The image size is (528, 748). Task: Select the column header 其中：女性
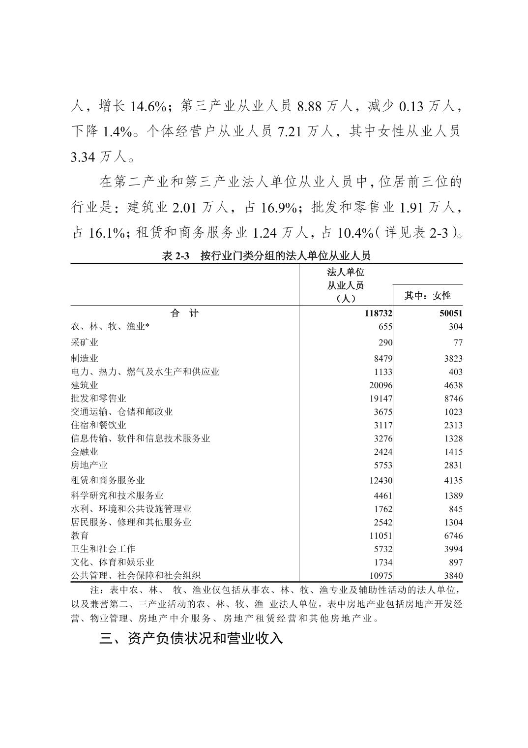pos(427,296)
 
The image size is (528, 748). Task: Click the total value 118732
pos(379,313)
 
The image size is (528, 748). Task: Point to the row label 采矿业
pos(85,343)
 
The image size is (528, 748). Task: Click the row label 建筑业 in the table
pos(85,385)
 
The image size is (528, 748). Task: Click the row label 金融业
pos(85,452)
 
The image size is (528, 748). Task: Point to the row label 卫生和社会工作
pos(103,549)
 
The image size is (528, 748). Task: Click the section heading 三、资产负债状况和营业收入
pos(191,639)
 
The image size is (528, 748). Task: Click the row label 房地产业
pos(89,465)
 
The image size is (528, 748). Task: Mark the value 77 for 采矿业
pos(458,343)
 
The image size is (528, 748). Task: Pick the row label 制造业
pos(85,359)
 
